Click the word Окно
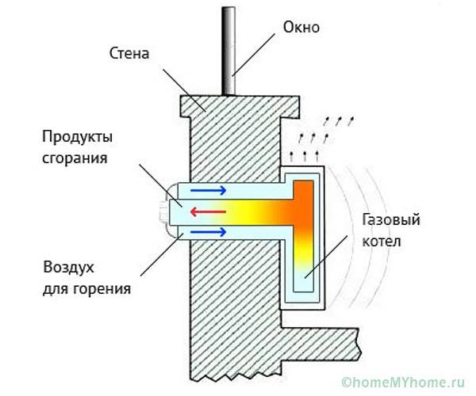pos(301,28)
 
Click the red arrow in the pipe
pos(205,211)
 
